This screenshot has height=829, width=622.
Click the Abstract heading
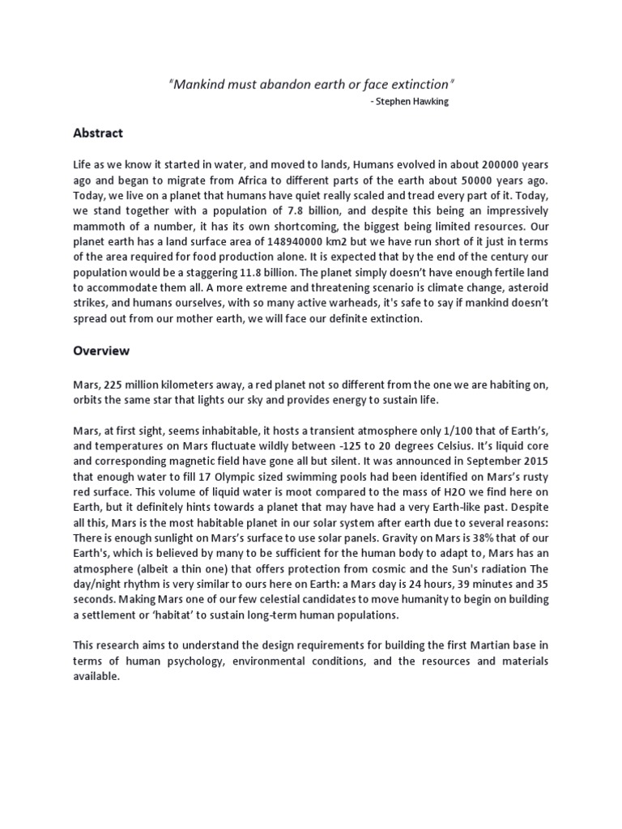tap(98, 133)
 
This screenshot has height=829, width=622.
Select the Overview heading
tap(101, 352)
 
